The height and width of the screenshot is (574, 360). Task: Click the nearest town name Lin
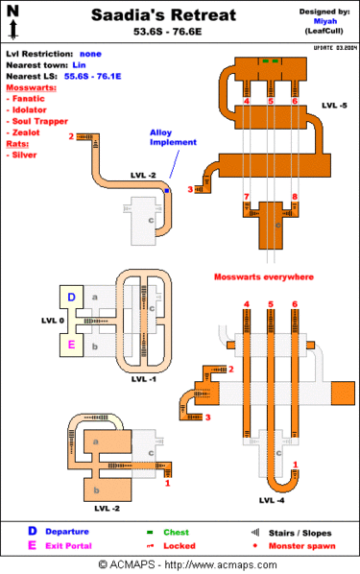click(79, 64)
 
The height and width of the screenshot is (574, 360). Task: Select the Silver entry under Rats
click(24, 155)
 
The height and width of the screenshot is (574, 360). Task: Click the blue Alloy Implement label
click(173, 137)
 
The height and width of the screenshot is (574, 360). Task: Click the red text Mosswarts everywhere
click(263, 276)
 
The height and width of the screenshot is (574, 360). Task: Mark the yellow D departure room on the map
click(71, 298)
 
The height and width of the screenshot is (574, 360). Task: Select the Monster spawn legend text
click(301, 545)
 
